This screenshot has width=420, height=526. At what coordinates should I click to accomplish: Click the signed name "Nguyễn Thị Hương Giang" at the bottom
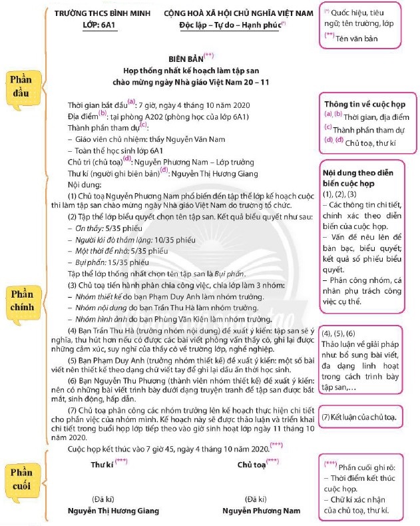[114, 510]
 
